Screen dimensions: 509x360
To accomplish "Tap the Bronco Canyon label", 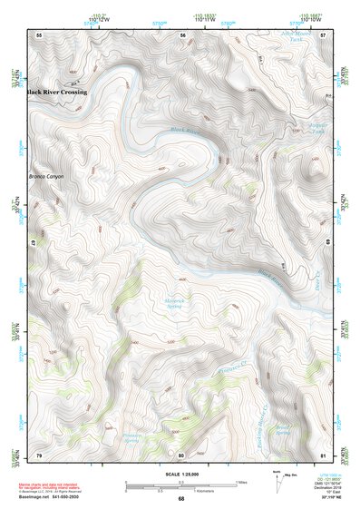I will tap(46, 176).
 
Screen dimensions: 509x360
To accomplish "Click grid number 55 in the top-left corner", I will tap(39, 34).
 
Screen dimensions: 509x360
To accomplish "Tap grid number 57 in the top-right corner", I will tap(324, 34).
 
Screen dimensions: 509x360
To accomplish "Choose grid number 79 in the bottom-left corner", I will tap(39, 454).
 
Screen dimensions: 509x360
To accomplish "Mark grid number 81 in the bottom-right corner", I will tap(324, 454).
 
